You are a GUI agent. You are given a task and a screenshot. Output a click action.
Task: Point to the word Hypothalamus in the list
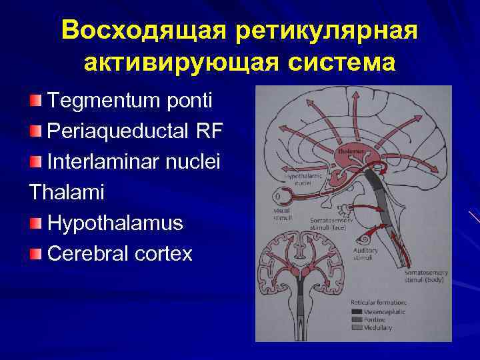(115, 223)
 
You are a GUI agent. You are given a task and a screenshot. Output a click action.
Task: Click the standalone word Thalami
(67, 191)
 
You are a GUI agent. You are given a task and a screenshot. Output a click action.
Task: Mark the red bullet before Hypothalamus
(35, 223)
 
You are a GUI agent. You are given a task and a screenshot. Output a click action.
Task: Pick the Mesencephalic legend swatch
(357, 311)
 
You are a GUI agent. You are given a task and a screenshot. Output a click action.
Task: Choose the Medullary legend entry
(377, 327)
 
